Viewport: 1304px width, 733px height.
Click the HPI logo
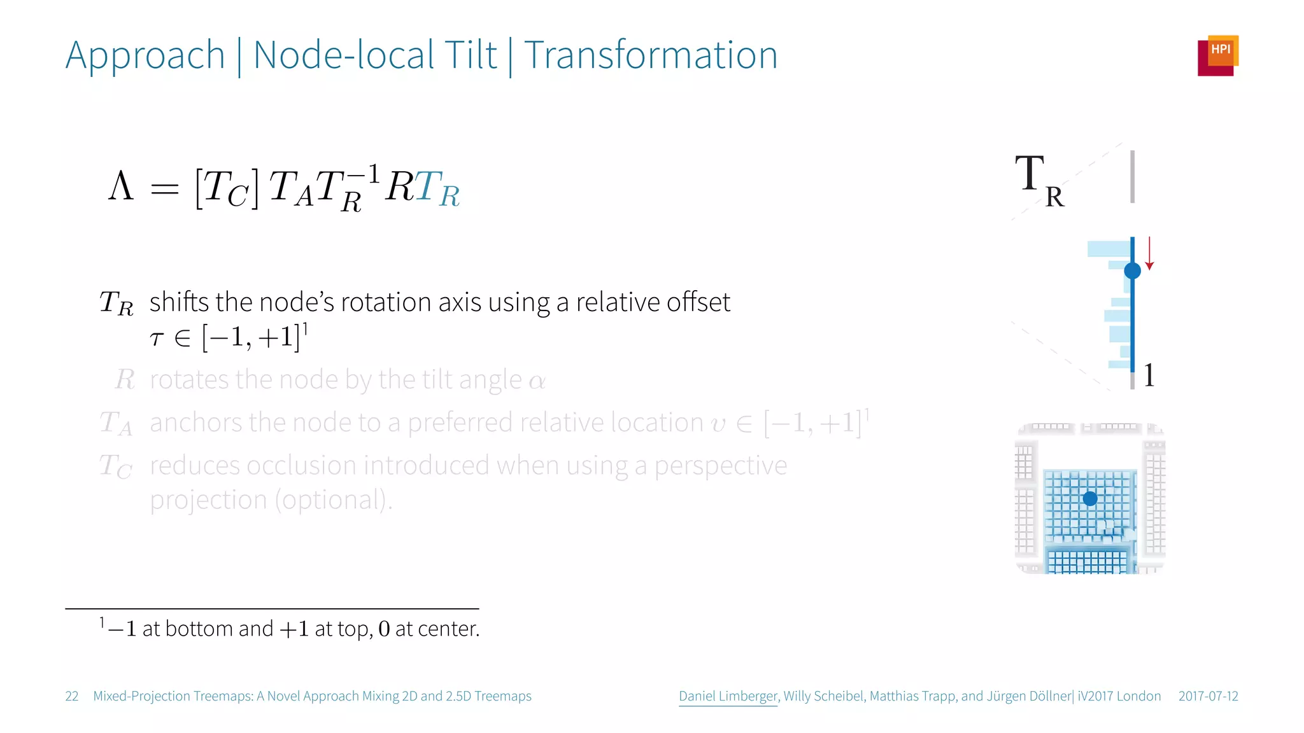(1217, 55)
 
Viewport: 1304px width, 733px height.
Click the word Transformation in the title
(651, 55)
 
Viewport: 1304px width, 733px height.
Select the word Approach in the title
(145, 55)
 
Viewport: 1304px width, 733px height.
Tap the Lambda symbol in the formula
(121, 186)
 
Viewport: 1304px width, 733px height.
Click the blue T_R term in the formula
(437, 189)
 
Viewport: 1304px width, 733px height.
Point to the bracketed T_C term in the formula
(227, 189)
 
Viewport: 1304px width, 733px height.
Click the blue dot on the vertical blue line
(1132, 271)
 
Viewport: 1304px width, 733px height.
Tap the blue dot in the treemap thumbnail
(1090, 498)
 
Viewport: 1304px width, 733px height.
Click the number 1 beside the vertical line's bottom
(1149, 375)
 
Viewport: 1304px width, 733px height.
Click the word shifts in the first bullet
(180, 302)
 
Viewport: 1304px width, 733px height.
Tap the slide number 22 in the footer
(72, 696)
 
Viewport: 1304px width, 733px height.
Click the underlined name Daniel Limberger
(728, 696)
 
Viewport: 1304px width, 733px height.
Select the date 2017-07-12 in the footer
(1208, 696)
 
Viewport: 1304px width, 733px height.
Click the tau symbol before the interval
(157, 339)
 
